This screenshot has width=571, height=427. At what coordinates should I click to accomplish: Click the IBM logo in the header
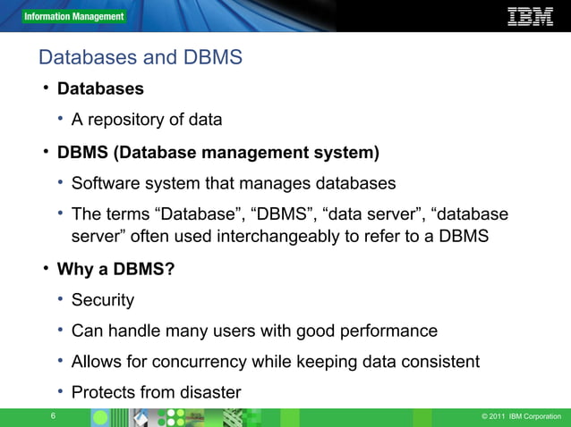point(530,16)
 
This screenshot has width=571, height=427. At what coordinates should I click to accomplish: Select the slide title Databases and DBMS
point(141,58)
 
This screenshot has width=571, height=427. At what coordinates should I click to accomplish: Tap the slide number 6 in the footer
point(54,417)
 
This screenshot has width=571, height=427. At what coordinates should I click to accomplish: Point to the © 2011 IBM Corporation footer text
point(521,417)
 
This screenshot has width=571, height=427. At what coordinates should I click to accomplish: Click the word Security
point(103,300)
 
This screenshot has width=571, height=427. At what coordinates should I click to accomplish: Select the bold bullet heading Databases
point(100,89)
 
